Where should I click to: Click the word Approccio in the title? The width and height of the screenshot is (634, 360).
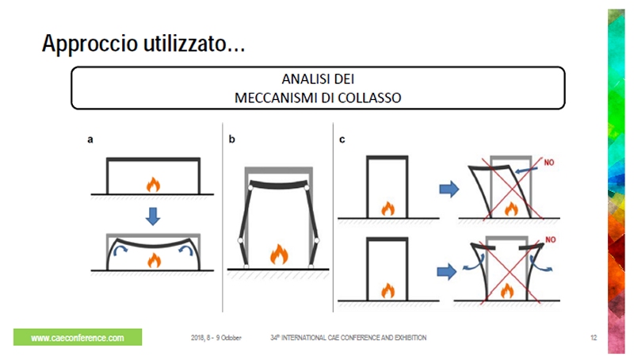[x=90, y=44]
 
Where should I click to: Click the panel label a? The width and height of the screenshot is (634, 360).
[x=90, y=140]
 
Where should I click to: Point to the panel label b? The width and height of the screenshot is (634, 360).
[x=231, y=139]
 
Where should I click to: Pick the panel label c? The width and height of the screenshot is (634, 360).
[x=342, y=140]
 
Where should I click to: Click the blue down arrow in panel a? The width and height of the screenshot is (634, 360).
[x=153, y=216]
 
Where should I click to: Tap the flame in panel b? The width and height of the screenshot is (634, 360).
[x=279, y=254]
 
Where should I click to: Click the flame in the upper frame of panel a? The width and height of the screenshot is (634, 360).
[x=153, y=185]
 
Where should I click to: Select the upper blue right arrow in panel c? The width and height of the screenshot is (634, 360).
[x=449, y=189]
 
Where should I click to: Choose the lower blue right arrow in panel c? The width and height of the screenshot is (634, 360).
[x=447, y=271]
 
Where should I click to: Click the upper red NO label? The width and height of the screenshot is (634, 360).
[x=548, y=163]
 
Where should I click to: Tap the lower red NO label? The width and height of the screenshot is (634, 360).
[x=551, y=239]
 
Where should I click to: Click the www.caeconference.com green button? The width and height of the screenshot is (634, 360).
[x=78, y=337]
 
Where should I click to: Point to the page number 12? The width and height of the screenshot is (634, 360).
[x=594, y=338]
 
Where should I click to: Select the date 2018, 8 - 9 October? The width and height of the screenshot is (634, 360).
[x=216, y=338]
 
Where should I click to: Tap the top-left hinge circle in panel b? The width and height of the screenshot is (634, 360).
[x=250, y=188]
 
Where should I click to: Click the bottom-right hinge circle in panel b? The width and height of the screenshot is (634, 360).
[x=311, y=266]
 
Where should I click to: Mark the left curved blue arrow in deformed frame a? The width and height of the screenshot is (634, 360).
[x=120, y=250]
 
